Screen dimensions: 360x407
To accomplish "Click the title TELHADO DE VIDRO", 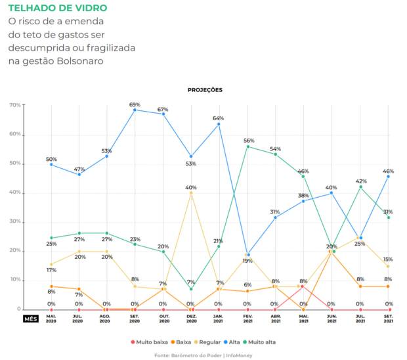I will click(x=58, y=9).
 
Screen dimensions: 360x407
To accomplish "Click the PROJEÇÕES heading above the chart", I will click(x=204, y=89).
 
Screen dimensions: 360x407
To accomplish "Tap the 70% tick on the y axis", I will click(x=14, y=105).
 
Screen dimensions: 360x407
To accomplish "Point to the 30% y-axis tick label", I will click(x=14, y=222).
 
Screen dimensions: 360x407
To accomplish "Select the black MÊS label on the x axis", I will click(x=31, y=319).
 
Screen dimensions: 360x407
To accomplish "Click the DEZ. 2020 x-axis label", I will click(x=190, y=319).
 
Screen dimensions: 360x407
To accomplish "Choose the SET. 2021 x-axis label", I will click(x=387, y=319).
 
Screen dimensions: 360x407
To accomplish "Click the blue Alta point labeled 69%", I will click(x=135, y=110).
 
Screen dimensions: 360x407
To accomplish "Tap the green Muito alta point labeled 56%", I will click(x=249, y=146).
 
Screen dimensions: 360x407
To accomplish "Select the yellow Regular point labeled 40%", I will click(x=191, y=193).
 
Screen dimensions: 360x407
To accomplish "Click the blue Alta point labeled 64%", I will click(x=219, y=124).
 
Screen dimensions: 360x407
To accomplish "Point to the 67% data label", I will click(x=163, y=109).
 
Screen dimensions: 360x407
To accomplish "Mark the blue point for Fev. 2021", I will click(x=249, y=254).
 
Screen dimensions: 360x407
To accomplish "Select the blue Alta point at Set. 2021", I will click(x=388, y=176).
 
